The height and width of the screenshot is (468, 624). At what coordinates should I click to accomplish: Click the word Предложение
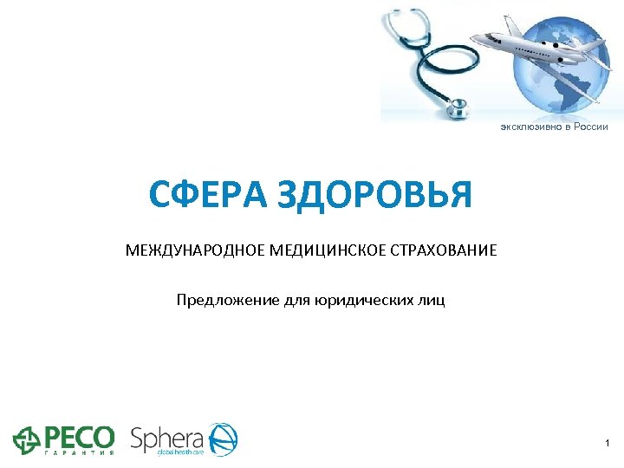pyautogui.click(x=227, y=301)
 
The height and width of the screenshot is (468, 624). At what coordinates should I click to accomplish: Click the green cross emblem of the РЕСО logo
pyautogui.click(x=26, y=440)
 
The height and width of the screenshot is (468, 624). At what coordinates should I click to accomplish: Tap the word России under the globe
pyautogui.click(x=589, y=127)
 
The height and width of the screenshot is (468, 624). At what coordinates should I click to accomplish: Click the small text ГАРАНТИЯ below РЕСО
pyautogui.click(x=77, y=453)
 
